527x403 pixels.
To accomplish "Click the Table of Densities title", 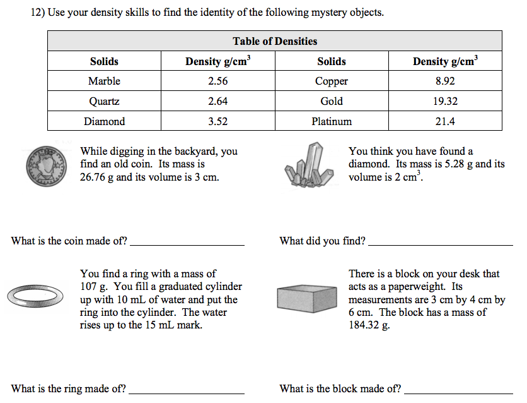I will (x=275, y=42).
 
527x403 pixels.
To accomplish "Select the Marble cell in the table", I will (x=104, y=81).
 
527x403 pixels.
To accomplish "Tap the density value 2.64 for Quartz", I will (x=217, y=101).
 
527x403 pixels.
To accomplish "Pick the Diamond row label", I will (x=104, y=121).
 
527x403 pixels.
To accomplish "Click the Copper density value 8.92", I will (x=444, y=81).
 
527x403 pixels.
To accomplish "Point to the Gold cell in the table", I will (x=332, y=101).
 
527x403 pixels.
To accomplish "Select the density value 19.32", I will (x=444, y=101).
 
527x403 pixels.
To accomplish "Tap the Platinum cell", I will (x=332, y=121).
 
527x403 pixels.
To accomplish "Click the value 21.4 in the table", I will (x=444, y=121).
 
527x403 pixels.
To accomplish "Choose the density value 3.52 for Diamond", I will (x=217, y=121).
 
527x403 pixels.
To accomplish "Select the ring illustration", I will (x=36, y=294).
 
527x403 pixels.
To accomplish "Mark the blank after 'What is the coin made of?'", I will (x=187, y=242).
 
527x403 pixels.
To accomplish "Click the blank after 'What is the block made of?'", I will (x=458, y=390).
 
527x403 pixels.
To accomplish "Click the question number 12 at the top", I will (x=37, y=13).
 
